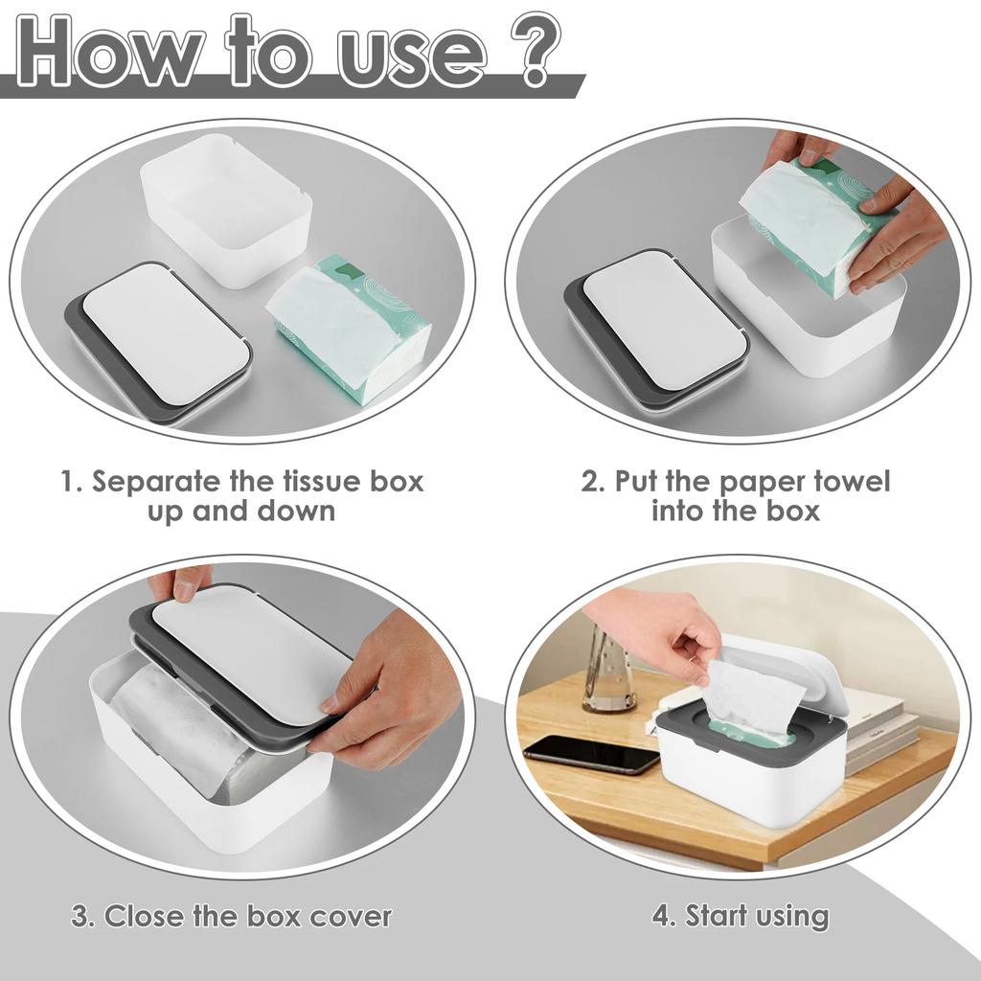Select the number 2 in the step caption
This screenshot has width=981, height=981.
(591, 481)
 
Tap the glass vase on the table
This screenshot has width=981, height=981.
(609, 671)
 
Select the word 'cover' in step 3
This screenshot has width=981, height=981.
(350, 916)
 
